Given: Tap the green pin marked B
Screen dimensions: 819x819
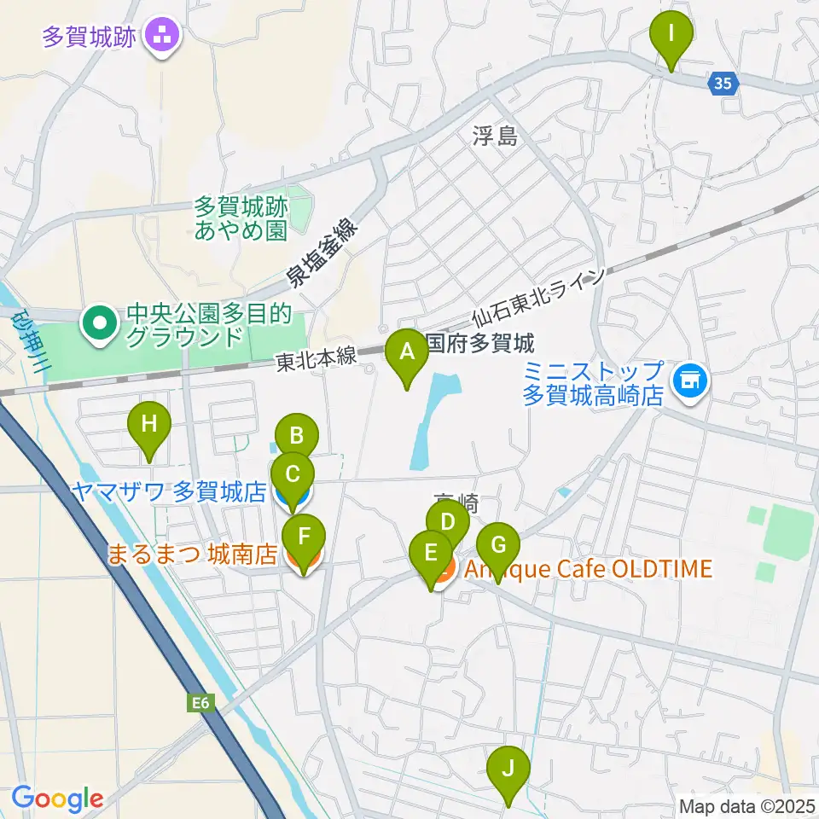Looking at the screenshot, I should tap(297, 437).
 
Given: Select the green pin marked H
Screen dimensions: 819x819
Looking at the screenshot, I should tap(149, 424).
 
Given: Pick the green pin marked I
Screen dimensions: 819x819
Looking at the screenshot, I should tap(671, 35).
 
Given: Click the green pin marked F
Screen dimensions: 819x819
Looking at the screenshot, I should tap(304, 538).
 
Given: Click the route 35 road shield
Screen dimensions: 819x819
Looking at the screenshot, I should tap(723, 83).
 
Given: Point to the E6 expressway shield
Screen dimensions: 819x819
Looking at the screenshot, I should tap(200, 703).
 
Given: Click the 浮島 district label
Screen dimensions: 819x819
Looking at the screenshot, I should tap(496, 136).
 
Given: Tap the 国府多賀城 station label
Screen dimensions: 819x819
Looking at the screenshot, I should tap(479, 344).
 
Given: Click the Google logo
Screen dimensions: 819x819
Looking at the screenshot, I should tap(57, 799).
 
